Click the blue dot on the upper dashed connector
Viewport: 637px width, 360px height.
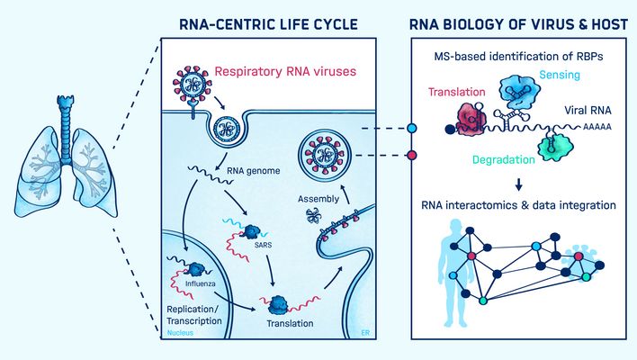click(412, 129)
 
